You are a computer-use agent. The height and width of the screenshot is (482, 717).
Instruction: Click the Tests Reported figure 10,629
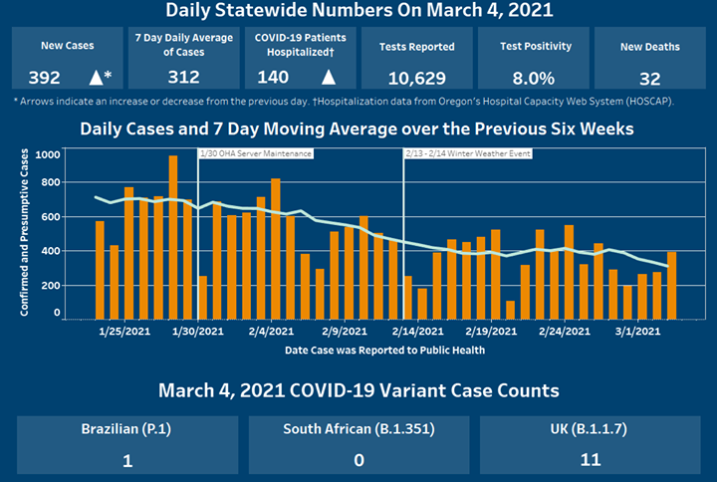tap(416, 77)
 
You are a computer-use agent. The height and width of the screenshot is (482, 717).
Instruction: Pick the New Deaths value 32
tap(649, 77)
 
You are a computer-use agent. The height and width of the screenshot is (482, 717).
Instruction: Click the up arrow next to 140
tap(328, 77)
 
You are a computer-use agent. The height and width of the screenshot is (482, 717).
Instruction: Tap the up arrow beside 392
tap(97, 77)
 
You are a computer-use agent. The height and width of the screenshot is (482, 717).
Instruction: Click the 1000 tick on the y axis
tap(46, 155)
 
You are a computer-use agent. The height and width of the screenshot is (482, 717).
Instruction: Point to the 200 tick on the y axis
tap(49, 285)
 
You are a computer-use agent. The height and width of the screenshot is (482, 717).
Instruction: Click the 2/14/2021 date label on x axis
tap(419, 331)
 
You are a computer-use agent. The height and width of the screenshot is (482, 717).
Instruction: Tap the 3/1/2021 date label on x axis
tap(638, 331)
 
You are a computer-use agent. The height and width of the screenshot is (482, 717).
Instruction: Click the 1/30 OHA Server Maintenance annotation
tap(256, 154)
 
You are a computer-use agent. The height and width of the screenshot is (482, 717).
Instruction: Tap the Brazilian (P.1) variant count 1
tap(127, 460)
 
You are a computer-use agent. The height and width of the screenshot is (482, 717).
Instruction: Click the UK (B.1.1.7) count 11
tap(590, 460)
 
